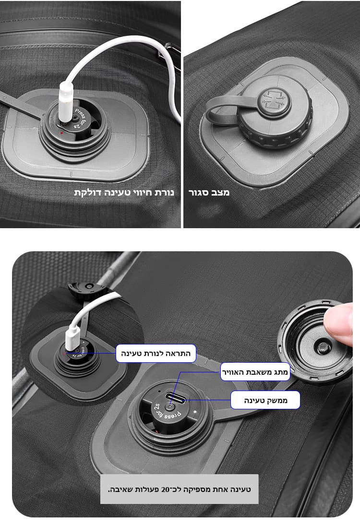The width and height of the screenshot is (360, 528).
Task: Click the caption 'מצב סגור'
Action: (209, 192)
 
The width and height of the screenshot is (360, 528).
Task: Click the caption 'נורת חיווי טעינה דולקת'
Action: (124, 192)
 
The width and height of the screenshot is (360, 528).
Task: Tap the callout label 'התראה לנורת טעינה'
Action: (156, 353)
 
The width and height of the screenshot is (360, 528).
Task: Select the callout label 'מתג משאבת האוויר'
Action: (255, 372)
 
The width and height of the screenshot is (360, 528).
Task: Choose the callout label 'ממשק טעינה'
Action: (265, 400)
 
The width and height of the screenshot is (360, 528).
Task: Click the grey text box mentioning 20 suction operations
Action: (180, 489)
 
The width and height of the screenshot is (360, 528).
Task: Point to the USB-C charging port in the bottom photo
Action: (175, 399)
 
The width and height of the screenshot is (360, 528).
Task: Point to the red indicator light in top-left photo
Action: (61, 133)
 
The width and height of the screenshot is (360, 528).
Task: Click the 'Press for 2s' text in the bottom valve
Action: (167, 413)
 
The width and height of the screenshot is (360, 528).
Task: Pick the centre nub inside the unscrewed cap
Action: (322, 347)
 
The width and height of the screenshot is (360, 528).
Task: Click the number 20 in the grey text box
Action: (166, 489)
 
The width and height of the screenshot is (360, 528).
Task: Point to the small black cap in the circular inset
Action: (88, 290)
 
